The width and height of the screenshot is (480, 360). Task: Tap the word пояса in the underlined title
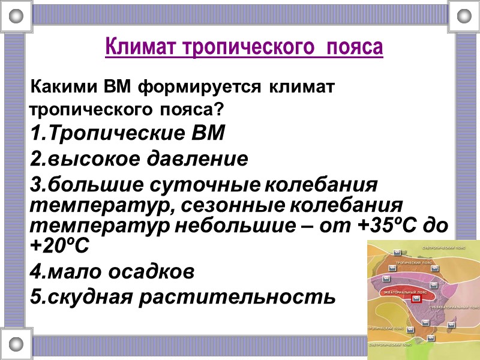355,46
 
